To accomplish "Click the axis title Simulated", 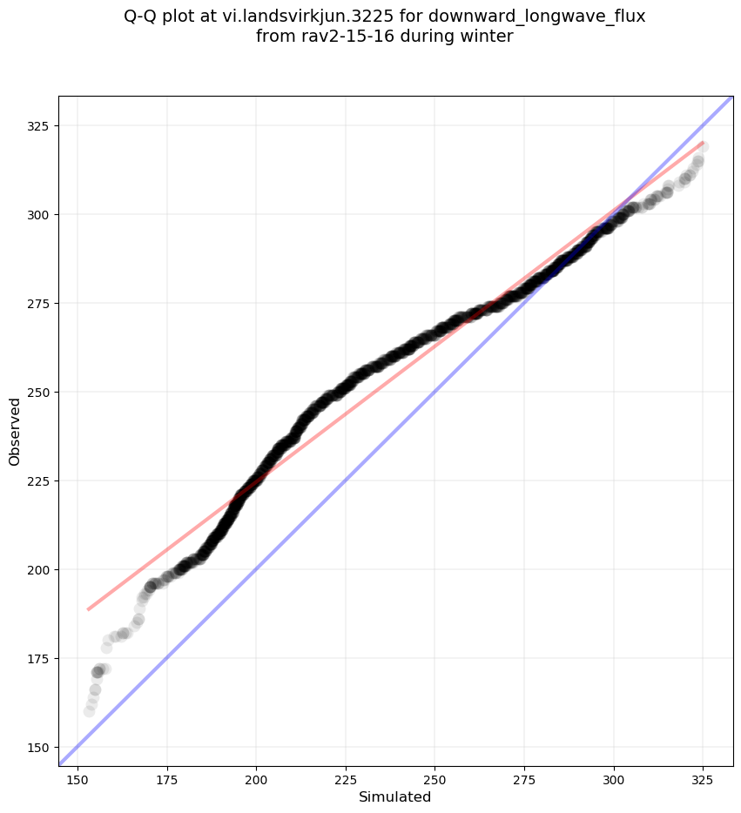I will tap(395, 796).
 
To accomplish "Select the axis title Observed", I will tap(15, 432).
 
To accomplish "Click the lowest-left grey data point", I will tap(89, 711).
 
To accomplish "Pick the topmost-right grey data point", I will tap(703, 147).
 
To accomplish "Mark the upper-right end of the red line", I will tap(703, 142).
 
